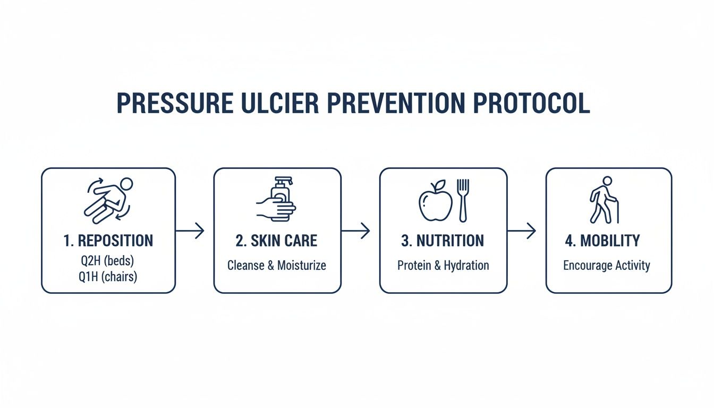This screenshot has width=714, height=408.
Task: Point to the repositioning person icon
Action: (108, 200)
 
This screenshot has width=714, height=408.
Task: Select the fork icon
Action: (463, 200)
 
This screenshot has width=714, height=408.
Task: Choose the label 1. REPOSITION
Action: (108, 241)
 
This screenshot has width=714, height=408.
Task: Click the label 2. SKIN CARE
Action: (277, 241)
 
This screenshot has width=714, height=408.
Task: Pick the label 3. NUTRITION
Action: (443, 241)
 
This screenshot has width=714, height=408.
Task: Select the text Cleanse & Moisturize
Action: (277, 265)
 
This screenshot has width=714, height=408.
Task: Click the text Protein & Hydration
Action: (443, 265)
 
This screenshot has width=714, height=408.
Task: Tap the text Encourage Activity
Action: (607, 265)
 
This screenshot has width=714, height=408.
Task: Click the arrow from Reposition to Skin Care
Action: (190, 231)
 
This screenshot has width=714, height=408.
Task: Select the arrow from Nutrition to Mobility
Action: (522, 231)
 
